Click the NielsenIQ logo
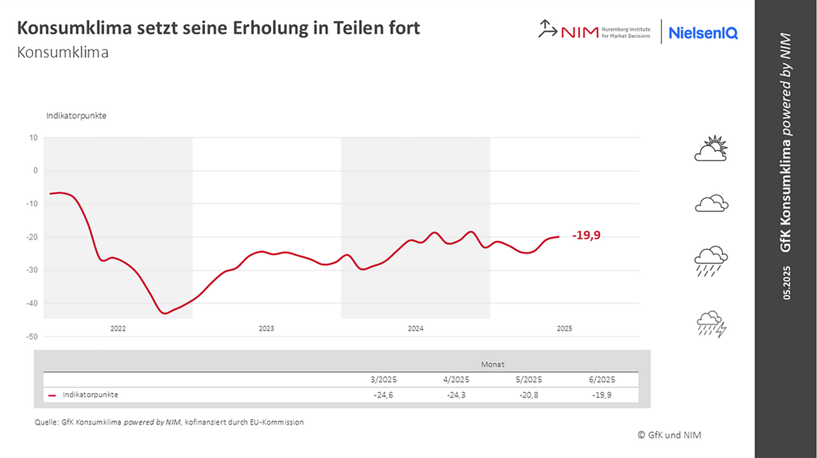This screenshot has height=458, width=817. point(703,33)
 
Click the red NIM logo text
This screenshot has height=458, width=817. point(579,32)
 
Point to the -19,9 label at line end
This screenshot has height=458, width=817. point(586,235)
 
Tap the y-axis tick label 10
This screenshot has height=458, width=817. point(33,138)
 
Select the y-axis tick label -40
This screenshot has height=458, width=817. point(32,303)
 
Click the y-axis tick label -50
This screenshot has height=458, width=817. point(32,337)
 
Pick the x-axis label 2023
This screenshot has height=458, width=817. point(266,329)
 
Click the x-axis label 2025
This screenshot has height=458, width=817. point(564,329)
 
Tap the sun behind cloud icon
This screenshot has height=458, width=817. point(711,149)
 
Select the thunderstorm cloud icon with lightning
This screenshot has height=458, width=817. point(711,324)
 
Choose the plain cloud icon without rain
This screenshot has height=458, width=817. point(711,204)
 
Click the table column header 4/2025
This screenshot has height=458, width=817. point(456,380)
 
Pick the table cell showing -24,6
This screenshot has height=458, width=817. point(383,395)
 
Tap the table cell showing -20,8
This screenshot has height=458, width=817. point(529,395)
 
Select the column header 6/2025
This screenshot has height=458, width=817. point(602,380)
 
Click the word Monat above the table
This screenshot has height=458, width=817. point(492,365)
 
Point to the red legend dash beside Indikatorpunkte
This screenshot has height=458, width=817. point(52,395)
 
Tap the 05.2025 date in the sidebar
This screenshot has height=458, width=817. point(786,283)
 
